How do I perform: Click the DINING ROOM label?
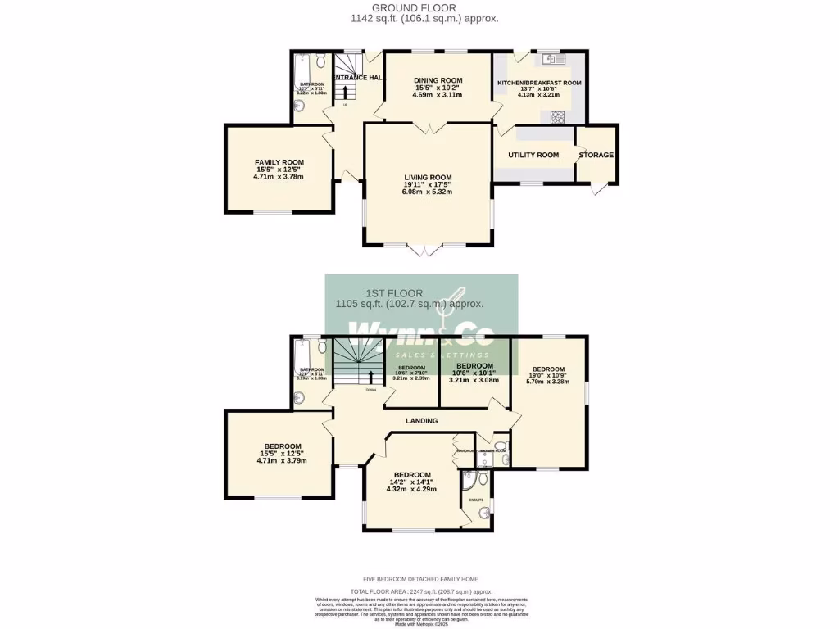[x=437, y=80]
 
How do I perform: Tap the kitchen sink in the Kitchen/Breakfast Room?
[x=551, y=59]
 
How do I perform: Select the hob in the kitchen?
[x=559, y=115]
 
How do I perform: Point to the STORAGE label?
[x=596, y=155]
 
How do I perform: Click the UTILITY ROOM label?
[x=533, y=155]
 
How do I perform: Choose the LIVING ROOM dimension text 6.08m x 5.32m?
[x=427, y=193]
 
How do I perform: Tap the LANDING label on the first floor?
[x=421, y=421]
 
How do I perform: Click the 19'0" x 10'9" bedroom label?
[x=547, y=369]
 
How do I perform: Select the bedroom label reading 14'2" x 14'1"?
[x=411, y=475]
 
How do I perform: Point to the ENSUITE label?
[x=476, y=499]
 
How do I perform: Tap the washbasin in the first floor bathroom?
[x=300, y=398]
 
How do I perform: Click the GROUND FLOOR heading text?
[x=424, y=7]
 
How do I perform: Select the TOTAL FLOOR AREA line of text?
[x=421, y=591]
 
